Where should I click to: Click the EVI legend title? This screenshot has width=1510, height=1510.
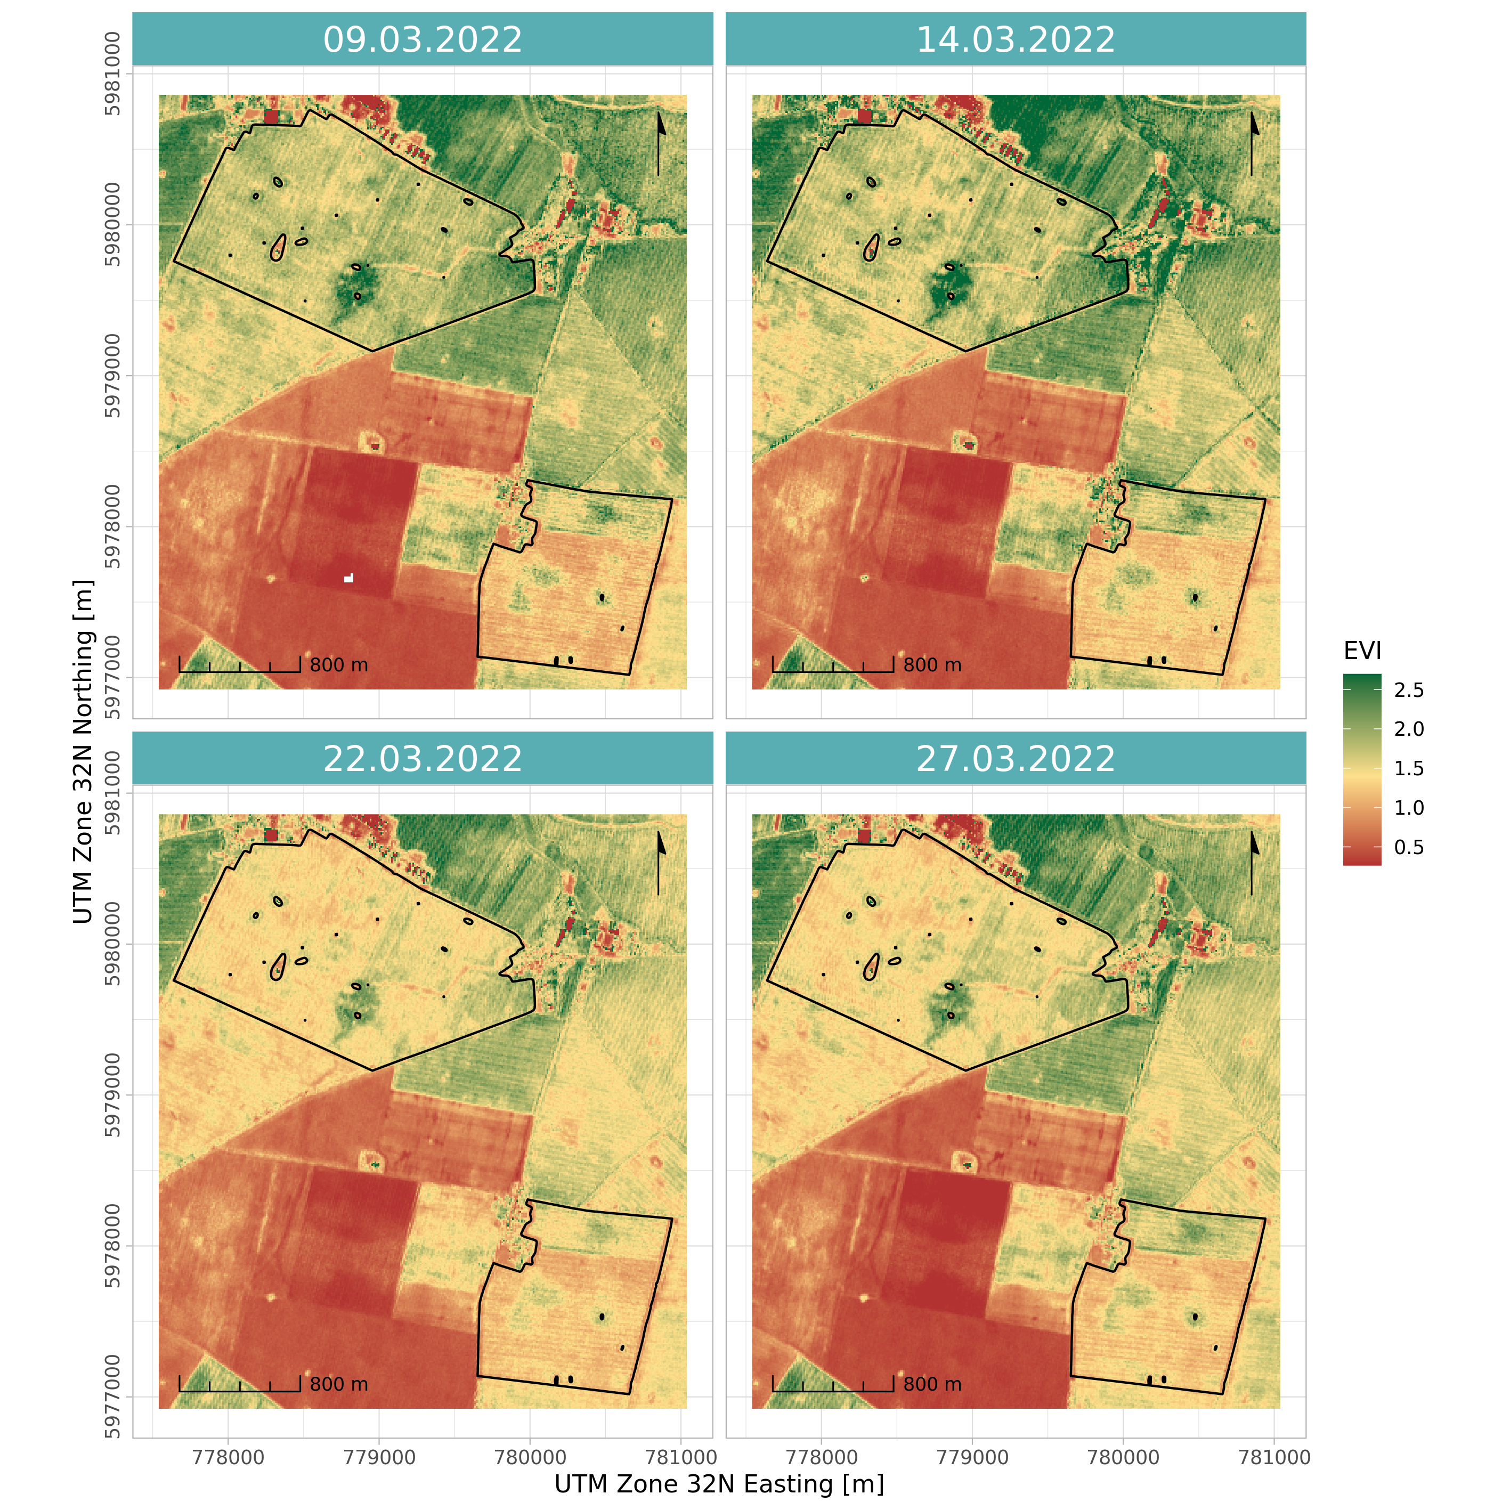pyautogui.click(x=1362, y=650)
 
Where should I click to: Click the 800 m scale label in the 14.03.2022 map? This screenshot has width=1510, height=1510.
pyautogui.click(x=932, y=665)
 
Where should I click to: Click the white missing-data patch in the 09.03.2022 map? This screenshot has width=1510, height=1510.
pyautogui.click(x=348, y=578)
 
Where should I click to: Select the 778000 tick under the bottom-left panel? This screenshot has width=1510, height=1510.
pyautogui.click(x=228, y=1457)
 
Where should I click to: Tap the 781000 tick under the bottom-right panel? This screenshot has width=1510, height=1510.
pyautogui.click(x=1274, y=1457)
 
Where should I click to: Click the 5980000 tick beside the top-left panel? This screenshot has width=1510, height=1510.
pyautogui.click(x=113, y=225)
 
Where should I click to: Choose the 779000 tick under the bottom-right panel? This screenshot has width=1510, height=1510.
pyautogui.click(x=972, y=1457)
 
